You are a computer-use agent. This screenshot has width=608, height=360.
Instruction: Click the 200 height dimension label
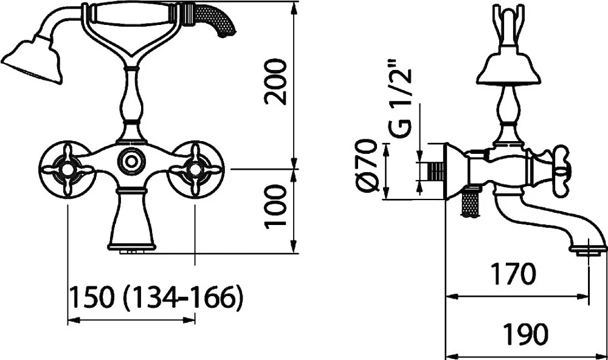275,82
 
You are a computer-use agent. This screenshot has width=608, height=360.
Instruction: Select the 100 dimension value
275,207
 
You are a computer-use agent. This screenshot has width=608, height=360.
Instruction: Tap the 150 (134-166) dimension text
156,298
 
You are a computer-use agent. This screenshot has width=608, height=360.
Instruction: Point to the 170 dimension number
513,274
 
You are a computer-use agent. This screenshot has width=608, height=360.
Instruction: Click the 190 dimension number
525,334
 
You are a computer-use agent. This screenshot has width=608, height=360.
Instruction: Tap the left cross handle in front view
67,170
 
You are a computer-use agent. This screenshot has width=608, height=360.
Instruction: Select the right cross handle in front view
196,170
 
